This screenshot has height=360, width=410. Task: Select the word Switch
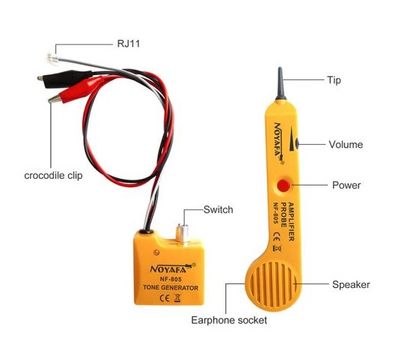pyautogui.click(x=218, y=209)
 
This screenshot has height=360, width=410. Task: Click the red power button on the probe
pyautogui.click(x=284, y=186)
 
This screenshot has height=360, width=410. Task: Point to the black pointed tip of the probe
pyautogui.click(x=279, y=82)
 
